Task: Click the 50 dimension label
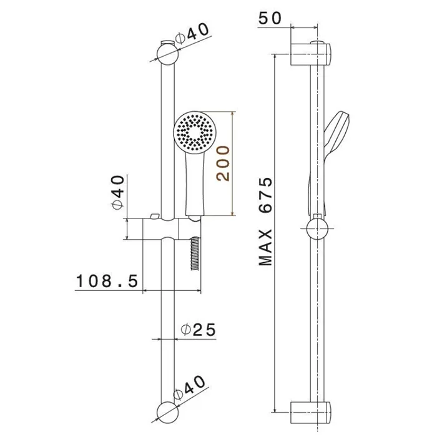tap(270, 18)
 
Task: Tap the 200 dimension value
tap(223, 164)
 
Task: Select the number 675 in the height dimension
tap(265, 195)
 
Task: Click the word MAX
tap(265, 247)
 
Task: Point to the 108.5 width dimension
tap(107, 281)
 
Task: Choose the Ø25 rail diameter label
tap(198, 330)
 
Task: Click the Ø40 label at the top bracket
tap(192, 34)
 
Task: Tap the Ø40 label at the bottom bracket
tap(189, 388)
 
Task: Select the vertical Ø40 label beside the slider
tap(118, 192)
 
